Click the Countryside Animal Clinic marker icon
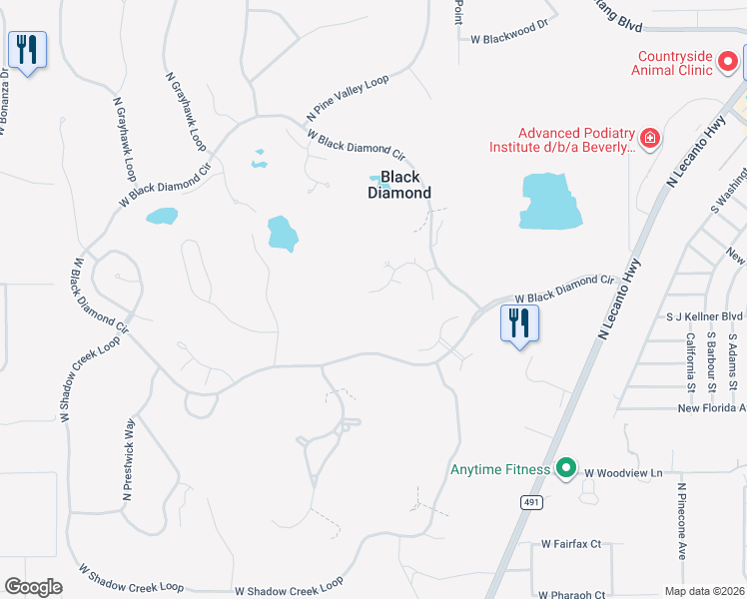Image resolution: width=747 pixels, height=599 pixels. coord(729,62)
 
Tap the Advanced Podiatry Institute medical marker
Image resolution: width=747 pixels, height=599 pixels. coord(650,137)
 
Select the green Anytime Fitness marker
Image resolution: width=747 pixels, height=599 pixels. coord(566,468)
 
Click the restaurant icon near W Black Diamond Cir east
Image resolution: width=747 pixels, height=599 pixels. coord(519,322)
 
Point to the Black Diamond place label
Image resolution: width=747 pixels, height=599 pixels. coord(399,185)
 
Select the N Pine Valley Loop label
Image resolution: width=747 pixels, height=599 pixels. coord(348,98)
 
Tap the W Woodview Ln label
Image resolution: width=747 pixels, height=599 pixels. coord(623,472)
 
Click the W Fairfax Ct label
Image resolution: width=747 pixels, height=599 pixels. coord(571,544)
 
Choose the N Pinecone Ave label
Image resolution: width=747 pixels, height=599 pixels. coord(682,521)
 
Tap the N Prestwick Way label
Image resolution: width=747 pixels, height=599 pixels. coord(128,460)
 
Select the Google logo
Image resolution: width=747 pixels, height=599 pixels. coord(33,587)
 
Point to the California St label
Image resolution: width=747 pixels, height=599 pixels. coord(690,361)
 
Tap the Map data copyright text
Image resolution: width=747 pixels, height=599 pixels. coord(704,591)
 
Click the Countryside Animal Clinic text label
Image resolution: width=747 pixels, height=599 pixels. coord(672,63)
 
